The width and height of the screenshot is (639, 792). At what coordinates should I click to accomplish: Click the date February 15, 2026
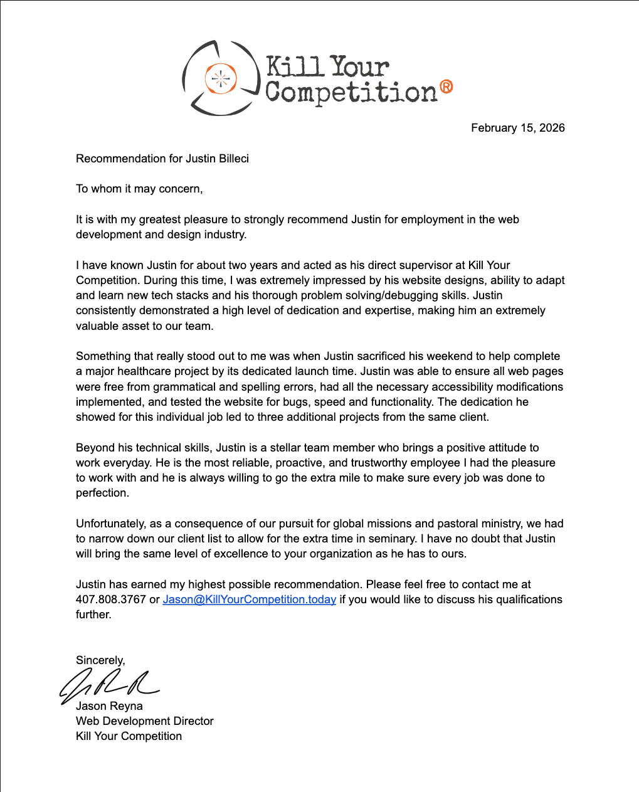(517, 128)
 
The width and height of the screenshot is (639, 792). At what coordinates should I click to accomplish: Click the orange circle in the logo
(220, 78)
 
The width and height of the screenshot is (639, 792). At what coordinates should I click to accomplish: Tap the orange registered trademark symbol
(446, 87)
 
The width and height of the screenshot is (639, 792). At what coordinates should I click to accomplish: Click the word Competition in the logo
(351, 92)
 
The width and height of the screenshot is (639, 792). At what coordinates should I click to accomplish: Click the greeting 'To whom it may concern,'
(139, 189)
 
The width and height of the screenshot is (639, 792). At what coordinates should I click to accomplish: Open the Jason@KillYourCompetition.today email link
(249, 599)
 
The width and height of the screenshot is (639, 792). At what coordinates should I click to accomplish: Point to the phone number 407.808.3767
(111, 599)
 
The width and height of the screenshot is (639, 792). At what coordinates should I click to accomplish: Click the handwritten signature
(110, 684)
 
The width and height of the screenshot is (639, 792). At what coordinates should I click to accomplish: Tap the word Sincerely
(100, 660)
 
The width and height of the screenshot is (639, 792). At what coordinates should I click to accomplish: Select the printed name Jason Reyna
(109, 706)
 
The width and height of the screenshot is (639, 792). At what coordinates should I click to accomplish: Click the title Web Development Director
(145, 721)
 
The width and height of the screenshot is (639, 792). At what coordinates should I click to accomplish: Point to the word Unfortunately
(110, 524)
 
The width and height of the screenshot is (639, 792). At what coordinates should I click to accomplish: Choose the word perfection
(102, 493)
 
